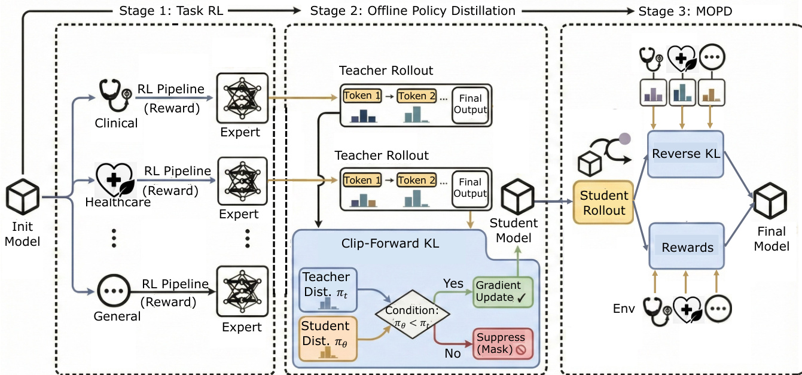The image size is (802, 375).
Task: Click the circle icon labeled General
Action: (x=111, y=292)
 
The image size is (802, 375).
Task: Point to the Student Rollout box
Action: (x=604, y=202)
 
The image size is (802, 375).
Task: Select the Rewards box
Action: (x=687, y=246)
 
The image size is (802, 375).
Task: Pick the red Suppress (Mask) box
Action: (x=501, y=343)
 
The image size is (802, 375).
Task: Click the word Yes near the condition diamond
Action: (x=453, y=283)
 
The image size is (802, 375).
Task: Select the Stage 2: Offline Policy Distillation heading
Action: (x=413, y=10)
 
